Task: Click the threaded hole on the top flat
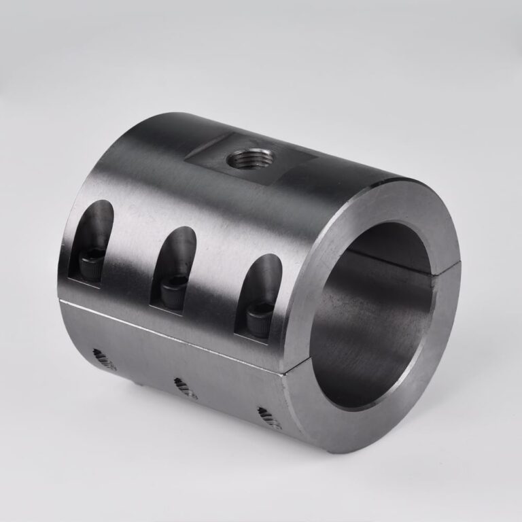click(x=250, y=160)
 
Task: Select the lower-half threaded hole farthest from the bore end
click(x=104, y=358)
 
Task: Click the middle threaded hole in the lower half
click(x=184, y=388)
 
